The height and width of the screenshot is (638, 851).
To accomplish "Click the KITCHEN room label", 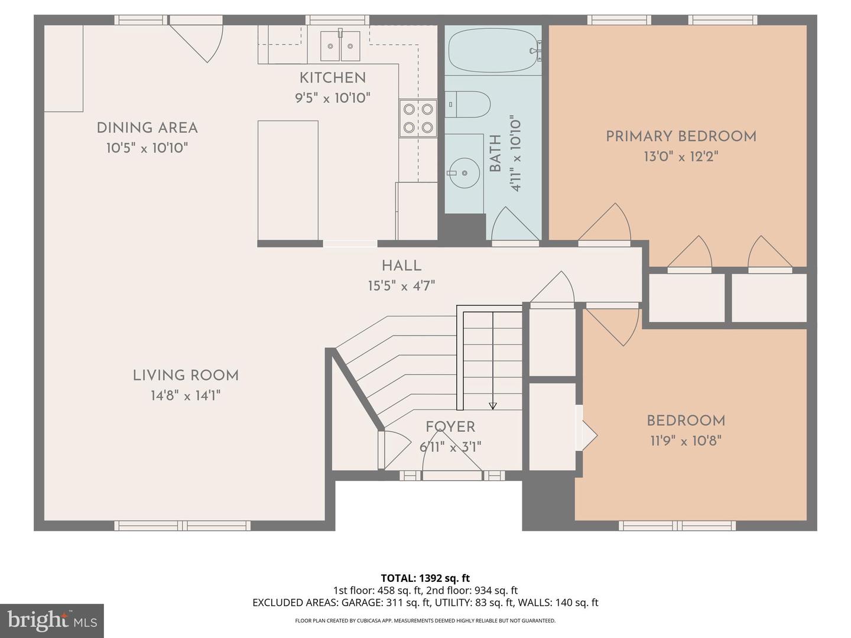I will point(332,78).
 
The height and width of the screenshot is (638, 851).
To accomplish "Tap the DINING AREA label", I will point(147,128).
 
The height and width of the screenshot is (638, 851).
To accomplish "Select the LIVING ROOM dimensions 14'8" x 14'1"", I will point(186,396).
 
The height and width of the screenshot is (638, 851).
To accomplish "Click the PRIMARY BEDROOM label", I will point(681,137).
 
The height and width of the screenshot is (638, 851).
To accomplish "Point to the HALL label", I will point(401,266).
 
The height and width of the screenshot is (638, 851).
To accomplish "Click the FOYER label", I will point(450,427).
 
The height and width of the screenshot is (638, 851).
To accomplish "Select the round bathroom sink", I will point(465,172).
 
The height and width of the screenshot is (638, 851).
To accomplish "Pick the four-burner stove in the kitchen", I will point(418,118).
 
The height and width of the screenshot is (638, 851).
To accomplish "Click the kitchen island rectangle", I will point(288,180).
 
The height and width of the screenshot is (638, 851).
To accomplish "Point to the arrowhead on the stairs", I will point(493,406).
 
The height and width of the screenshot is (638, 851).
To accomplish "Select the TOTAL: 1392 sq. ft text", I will point(425,578).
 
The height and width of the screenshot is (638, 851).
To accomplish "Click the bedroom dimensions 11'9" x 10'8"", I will point(685,441).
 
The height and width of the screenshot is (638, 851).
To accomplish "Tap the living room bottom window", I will point(182,525).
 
